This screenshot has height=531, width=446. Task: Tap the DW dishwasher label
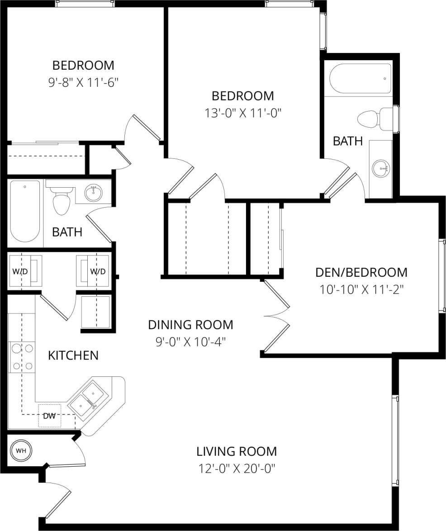pos(49,416)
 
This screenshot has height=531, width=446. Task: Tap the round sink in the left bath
pos(94,193)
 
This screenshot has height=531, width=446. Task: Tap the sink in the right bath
pos(380,169)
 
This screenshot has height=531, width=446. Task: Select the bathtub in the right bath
pos(360,79)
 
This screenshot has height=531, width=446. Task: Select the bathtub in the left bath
pos(25,211)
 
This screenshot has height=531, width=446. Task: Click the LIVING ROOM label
pos(237,451)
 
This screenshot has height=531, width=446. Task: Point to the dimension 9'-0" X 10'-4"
pos(190,341)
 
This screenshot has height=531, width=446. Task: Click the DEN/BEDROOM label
pos(361,272)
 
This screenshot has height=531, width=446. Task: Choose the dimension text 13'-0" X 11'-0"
pos(243,113)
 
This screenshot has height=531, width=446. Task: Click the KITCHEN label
pos(73,355)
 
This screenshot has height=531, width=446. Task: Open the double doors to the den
pos(276,315)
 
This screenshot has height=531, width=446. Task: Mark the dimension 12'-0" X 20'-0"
pos(237,468)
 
